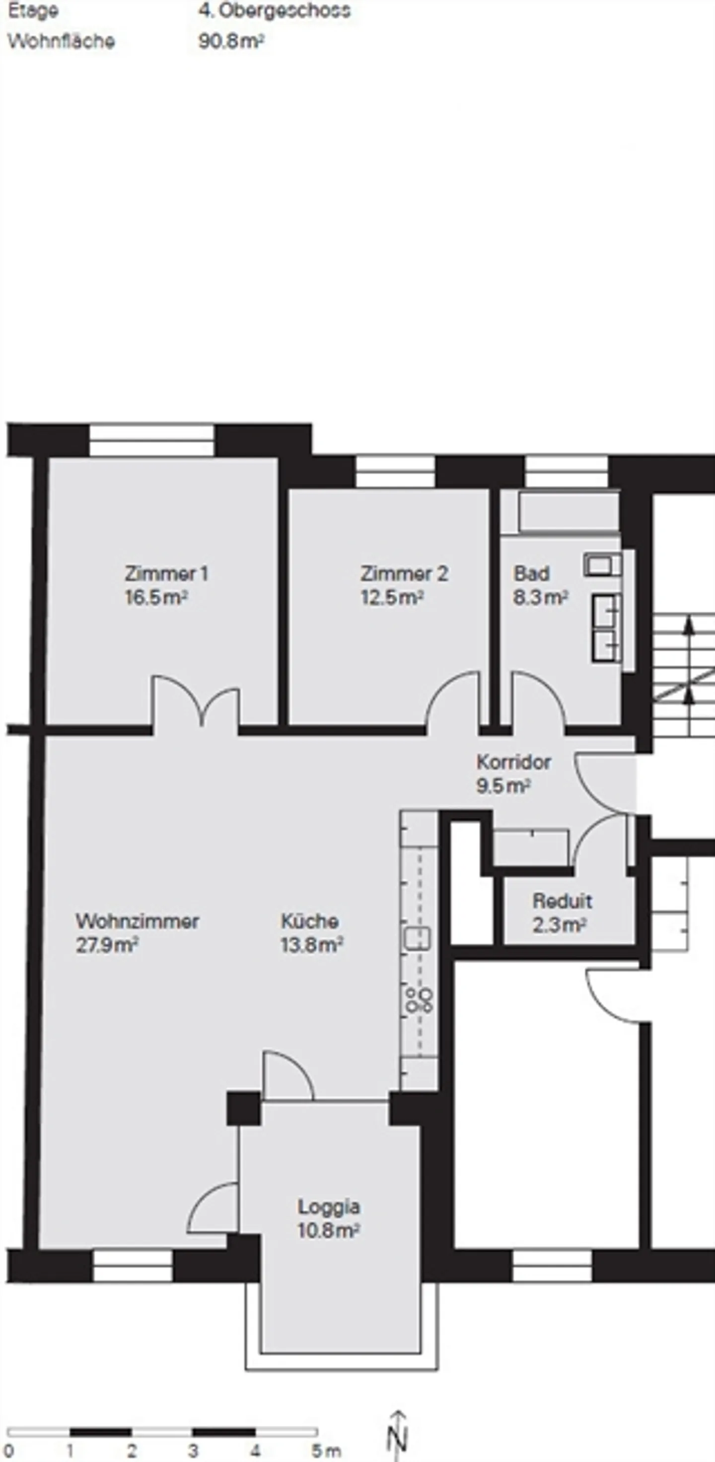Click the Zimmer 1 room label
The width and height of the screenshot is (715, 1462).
[x=166, y=573]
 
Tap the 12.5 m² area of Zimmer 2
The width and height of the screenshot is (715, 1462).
[x=392, y=598]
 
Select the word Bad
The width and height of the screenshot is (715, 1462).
[x=531, y=573]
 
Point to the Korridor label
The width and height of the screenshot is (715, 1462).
[x=513, y=762]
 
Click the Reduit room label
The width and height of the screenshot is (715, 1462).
[x=562, y=901]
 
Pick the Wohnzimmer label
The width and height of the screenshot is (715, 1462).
[x=138, y=921]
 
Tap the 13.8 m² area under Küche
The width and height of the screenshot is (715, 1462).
[x=311, y=945]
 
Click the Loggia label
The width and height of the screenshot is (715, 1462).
[x=329, y=1206]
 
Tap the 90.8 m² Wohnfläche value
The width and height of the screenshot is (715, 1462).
[x=231, y=41]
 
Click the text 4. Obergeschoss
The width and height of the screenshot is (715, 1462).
[x=274, y=11]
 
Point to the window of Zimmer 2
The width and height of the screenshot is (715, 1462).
[x=395, y=471]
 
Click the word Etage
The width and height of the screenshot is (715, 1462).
[x=33, y=11]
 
